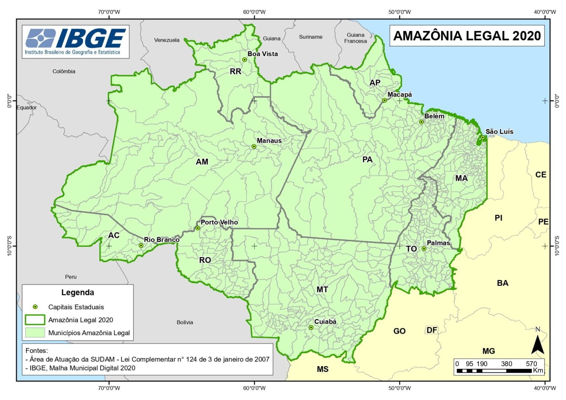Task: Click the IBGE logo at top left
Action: pyautogui.click(x=76, y=41)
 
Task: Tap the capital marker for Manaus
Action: pyautogui.click(x=254, y=147)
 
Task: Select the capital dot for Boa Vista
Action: pyautogui.click(x=244, y=60)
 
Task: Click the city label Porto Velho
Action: pyautogui.click(x=219, y=222)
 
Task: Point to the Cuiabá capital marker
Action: pyautogui.click(x=311, y=327)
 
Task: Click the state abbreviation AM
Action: pyautogui.click(x=202, y=162)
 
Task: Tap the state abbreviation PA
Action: pyautogui.click(x=367, y=159)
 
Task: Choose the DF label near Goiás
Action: pyautogui.click(x=432, y=330)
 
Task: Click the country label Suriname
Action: pyautogui.click(x=311, y=37)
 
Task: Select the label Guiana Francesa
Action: pyautogui.click(x=356, y=38)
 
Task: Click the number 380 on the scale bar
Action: pyautogui.click(x=506, y=364)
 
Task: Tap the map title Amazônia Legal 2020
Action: pyautogui.click(x=467, y=36)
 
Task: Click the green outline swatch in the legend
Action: pyautogui.click(x=35, y=320)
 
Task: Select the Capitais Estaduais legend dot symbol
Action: pyautogui.click(x=35, y=307)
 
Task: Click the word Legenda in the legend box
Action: pyautogui.click(x=77, y=292)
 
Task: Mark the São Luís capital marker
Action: pyautogui.click(x=483, y=137)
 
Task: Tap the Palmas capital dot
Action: pyautogui.click(x=424, y=249)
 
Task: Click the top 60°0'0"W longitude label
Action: pyautogui.click(x=254, y=12)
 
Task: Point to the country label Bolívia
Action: pyautogui.click(x=185, y=322)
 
